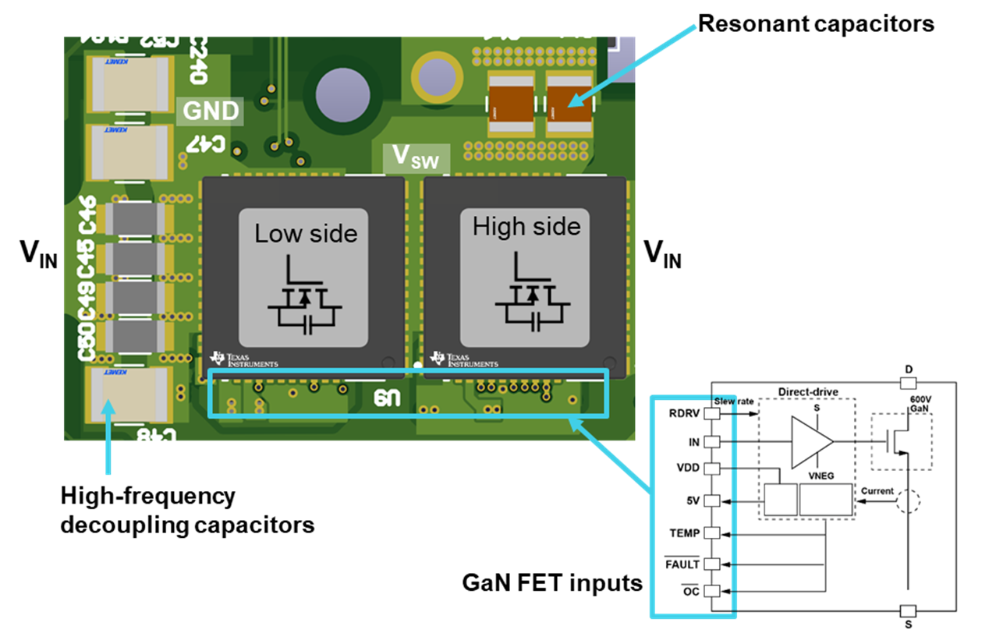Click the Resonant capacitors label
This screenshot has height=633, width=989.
click(x=815, y=23)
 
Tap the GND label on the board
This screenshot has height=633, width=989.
click(x=211, y=111)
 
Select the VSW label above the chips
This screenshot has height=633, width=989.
click(x=415, y=158)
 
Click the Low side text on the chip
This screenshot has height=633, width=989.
click(x=306, y=233)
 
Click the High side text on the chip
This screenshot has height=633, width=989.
click(x=526, y=227)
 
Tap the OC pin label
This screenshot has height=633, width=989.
click(x=690, y=591)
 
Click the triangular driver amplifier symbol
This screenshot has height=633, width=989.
click(x=811, y=442)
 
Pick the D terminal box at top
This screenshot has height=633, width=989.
click(x=907, y=383)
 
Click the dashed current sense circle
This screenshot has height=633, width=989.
click(x=906, y=503)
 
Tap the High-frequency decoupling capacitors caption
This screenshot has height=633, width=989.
click(x=187, y=510)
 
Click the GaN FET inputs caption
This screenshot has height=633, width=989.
click(x=552, y=582)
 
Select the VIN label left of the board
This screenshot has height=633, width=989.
click(x=38, y=254)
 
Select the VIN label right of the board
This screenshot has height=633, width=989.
click(x=662, y=254)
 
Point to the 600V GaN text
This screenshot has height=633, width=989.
click(x=920, y=403)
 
